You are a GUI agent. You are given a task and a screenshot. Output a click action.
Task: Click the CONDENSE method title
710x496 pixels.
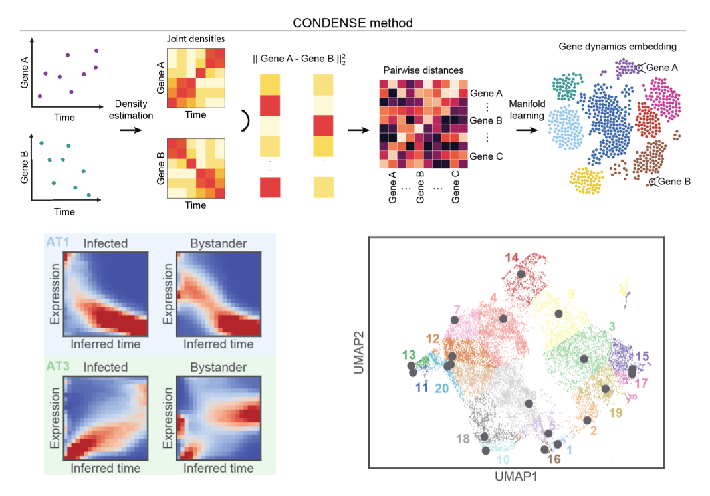(353, 23)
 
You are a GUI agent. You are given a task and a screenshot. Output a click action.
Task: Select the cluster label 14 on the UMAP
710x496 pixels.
(511, 257)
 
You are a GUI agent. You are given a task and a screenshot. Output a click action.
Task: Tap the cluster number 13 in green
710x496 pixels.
(409, 354)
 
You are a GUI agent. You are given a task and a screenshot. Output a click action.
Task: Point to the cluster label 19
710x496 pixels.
(615, 413)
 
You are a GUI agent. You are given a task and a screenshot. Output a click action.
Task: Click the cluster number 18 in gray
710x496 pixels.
(463, 439)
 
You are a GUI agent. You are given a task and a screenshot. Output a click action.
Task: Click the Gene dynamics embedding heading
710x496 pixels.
(618, 47)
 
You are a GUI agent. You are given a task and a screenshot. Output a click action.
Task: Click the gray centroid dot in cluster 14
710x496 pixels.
(521, 273)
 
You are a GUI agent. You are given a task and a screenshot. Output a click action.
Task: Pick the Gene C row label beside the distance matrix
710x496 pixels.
(487, 156)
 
